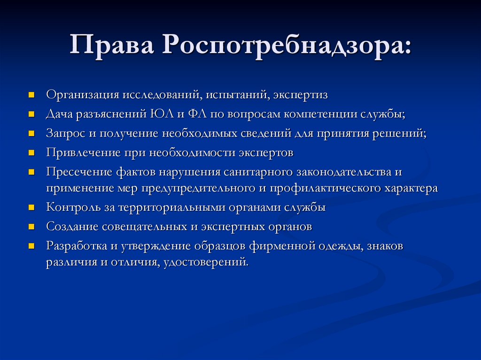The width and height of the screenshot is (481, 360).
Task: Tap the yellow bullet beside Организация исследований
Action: tap(31, 94)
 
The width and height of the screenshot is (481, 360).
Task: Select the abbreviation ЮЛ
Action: tap(157, 114)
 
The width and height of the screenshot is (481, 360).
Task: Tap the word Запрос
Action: tap(65, 133)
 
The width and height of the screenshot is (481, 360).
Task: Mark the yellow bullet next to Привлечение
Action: tap(31, 153)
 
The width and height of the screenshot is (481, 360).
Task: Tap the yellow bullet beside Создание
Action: tap(31, 227)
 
